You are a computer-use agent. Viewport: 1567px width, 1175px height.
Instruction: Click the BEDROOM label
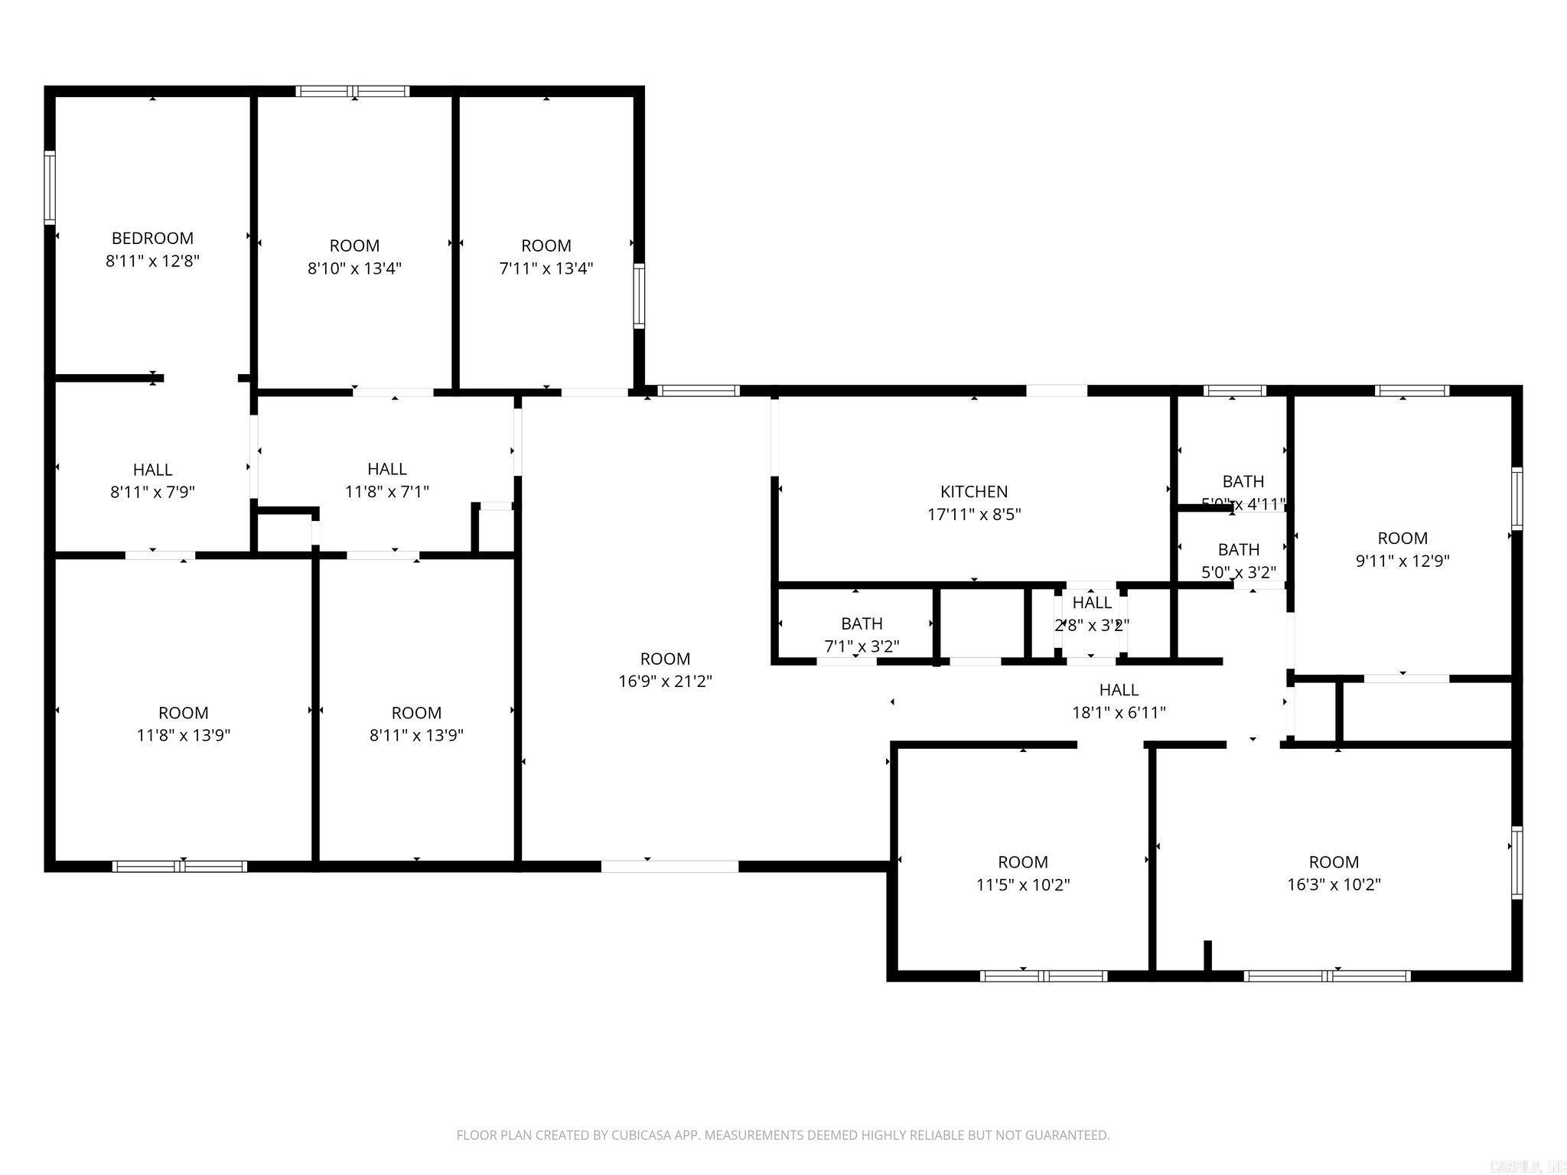point(152,238)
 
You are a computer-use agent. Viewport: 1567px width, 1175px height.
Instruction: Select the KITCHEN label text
point(973,491)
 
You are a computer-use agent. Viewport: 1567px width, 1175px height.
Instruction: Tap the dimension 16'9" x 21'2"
point(665,681)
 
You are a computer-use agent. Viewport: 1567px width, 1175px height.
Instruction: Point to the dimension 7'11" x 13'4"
point(546,268)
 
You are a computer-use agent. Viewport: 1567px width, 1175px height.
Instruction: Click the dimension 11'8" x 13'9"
point(183,735)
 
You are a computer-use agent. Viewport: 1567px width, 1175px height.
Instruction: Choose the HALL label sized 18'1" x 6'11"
point(1119,689)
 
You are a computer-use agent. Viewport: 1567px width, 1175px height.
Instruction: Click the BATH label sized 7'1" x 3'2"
point(862,623)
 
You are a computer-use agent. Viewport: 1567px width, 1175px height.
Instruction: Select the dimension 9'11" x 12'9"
point(1402,561)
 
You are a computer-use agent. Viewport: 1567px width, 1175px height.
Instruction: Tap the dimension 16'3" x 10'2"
point(1334,884)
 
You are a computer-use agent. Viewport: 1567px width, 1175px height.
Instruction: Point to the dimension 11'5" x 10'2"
point(1022,884)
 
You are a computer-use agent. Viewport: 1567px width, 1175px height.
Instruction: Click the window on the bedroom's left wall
point(50,187)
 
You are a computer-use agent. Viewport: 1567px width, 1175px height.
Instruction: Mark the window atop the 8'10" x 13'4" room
point(353,91)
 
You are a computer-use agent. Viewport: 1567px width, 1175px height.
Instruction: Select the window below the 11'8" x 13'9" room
point(180,866)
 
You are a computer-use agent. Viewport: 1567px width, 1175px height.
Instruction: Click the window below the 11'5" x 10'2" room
point(1044,975)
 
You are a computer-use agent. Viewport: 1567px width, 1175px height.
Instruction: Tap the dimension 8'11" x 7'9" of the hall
point(152,492)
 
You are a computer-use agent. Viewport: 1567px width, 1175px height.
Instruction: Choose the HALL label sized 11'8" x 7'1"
point(386,468)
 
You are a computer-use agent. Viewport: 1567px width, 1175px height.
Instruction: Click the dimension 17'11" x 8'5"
point(973,514)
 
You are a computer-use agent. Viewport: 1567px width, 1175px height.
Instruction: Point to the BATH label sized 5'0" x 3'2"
point(1238,549)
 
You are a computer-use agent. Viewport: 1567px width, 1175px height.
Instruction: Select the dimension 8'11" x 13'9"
point(415,735)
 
